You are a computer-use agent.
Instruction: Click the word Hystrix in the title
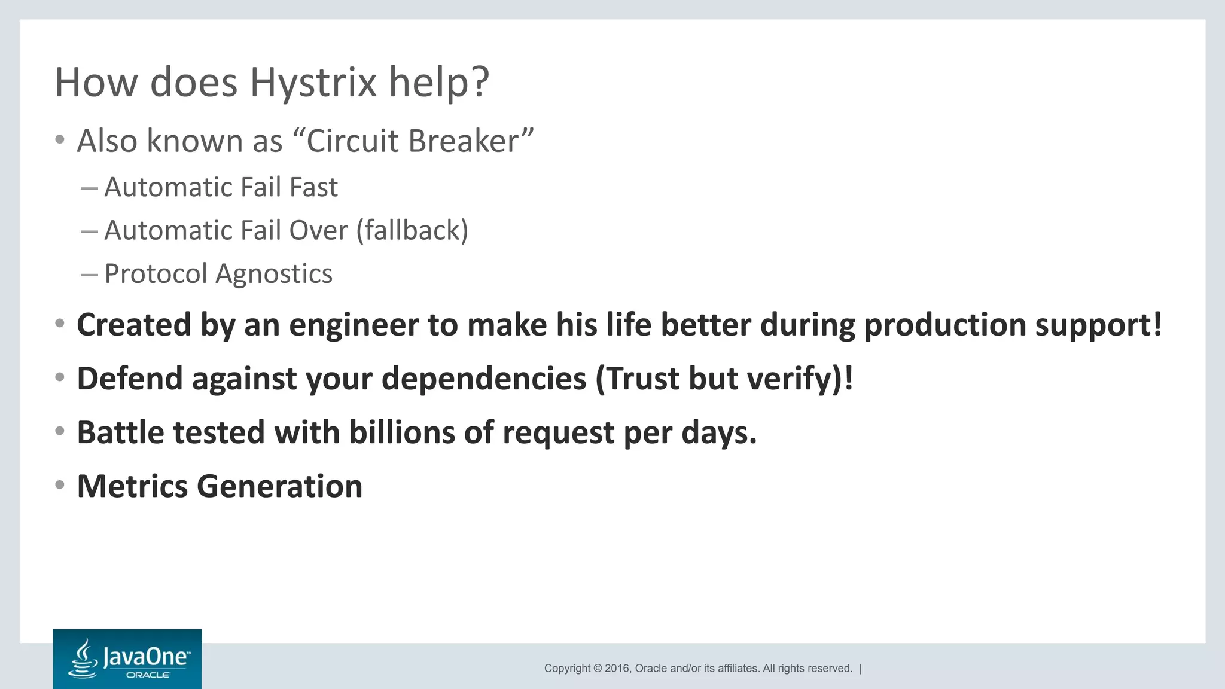tap(313, 83)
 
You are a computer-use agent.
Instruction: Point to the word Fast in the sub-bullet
tap(313, 187)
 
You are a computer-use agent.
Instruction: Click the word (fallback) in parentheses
tap(412, 231)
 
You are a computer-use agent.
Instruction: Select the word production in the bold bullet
tap(945, 325)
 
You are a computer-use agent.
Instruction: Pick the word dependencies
tap(484, 379)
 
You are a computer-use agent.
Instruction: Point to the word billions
tap(402, 432)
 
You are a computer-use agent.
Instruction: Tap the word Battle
tap(120, 432)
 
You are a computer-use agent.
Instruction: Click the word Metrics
tap(132, 486)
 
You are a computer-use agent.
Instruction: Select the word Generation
tap(279, 486)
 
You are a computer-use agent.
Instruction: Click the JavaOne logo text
tap(147, 657)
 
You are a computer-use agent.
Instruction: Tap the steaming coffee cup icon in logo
tap(84, 660)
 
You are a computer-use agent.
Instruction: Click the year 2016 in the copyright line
tap(617, 669)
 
